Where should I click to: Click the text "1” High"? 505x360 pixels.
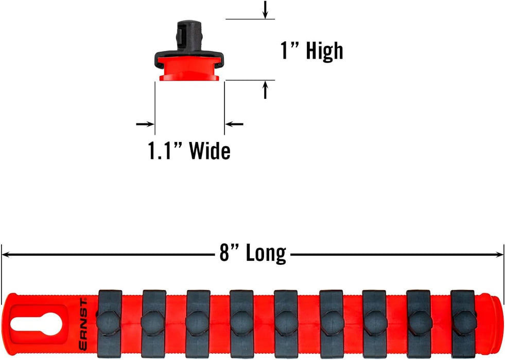pyautogui.click(x=311, y=51)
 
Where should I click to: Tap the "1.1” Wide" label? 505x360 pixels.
pyautogui.click(x=189, y=151)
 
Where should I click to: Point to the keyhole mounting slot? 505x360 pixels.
pyautogui.click(x=36, y=323)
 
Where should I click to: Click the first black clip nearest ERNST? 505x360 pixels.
pyautogui.click(x=110, y=321)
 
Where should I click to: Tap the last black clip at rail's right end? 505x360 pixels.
pyautogui.click(x=462, y=321)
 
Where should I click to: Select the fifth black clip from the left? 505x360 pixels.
pyautogui.click(x=286, y=321)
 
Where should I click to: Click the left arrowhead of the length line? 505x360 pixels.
pyautogui.click(x=5, y=254)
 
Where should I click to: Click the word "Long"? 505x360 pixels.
pyautogui.click(x=265, y=253)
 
